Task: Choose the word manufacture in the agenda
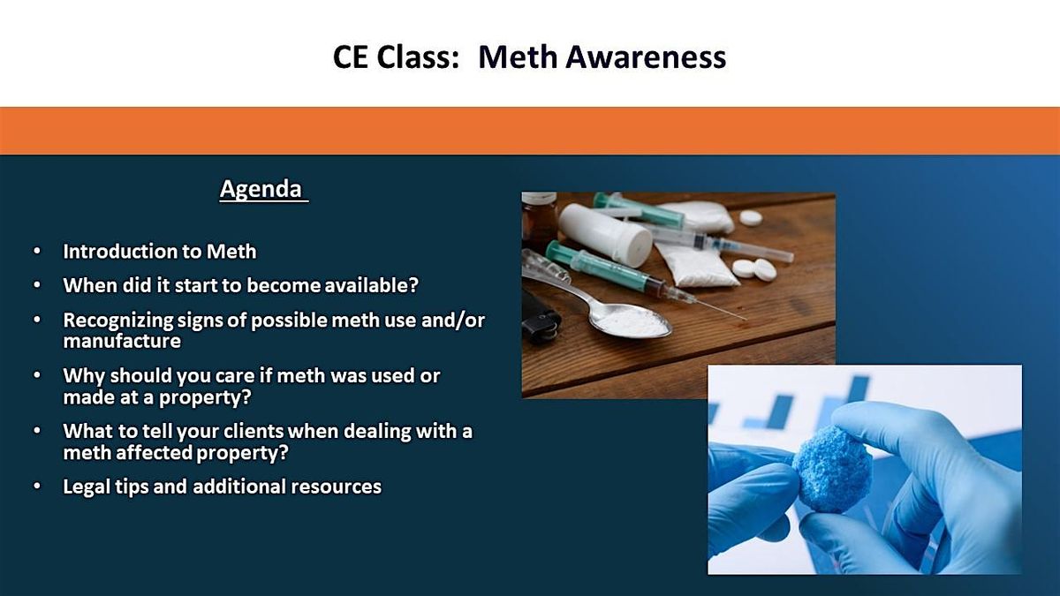coord(122,341)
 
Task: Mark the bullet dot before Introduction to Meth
coord(36,253)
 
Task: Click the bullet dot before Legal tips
coord(36,487)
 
